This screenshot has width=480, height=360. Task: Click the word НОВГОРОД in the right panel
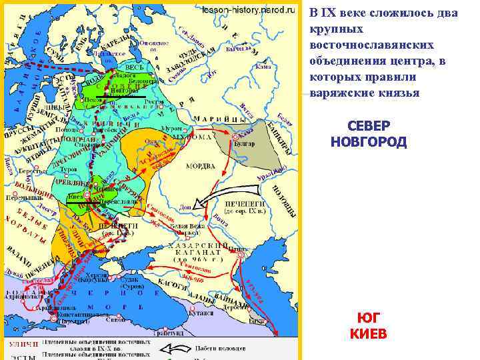(x=368, y=142)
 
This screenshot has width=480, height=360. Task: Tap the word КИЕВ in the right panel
(x=368, y=333)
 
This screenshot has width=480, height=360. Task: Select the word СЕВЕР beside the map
(x=369, y=127)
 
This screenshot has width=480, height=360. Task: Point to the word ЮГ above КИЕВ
(x=368, y=319)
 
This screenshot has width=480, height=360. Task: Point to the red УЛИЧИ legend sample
(x=21, y=344)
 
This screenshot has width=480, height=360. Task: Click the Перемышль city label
(x=20, y=198)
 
